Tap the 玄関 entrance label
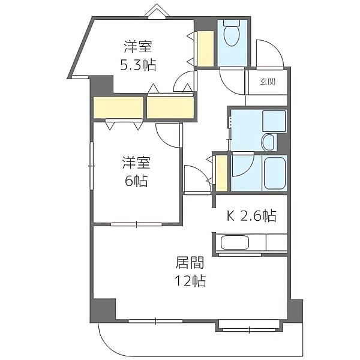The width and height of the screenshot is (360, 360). (268, 82)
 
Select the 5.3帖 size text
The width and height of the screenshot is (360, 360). (138, 65)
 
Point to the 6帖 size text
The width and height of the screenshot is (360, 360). (136, 181)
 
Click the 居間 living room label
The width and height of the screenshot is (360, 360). (190, 263)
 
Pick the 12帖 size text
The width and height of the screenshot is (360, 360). (190, 281)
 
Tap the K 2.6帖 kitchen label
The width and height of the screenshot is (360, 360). (251, 215)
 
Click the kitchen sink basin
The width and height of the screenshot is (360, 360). (235, 242)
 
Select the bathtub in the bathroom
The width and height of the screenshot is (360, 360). (275, 173)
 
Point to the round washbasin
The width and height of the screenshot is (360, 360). (268, 142)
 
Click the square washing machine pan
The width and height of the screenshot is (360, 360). (274, 121)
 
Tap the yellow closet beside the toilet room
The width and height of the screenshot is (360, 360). (205, 49)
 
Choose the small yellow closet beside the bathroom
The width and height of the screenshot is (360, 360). (221, 173)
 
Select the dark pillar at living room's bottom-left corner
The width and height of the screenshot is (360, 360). (103, 310)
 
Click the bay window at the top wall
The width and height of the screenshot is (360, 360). (157, 11)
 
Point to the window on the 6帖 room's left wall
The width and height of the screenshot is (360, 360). (92, 166)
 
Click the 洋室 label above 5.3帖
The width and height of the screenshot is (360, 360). (138, 47)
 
